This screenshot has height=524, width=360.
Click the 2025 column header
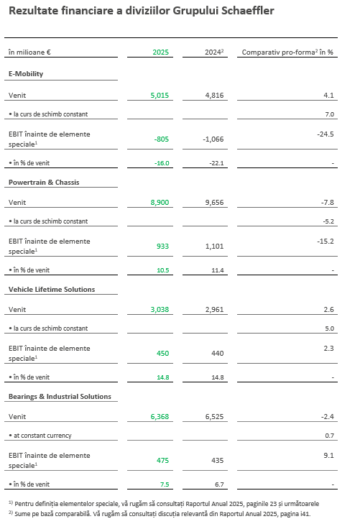[x=160, y=52]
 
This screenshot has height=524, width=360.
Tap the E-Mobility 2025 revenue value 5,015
[x=160, y=95]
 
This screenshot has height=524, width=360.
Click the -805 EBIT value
[x=161, y=139]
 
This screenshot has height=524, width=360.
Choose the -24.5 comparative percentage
[x=325, y=134]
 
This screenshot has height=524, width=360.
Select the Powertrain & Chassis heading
[x=43, y=182]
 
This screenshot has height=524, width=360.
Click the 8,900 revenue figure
[x=160, y=203]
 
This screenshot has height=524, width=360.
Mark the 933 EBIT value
[x=162, y=246]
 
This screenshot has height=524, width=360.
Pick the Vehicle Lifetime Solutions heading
[x=51, y=289]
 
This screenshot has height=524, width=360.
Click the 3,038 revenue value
[x=160, y=310]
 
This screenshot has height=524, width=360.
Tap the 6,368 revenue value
[x=160, y=417]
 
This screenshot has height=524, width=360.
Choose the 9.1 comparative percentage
[x=328, y=454]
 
